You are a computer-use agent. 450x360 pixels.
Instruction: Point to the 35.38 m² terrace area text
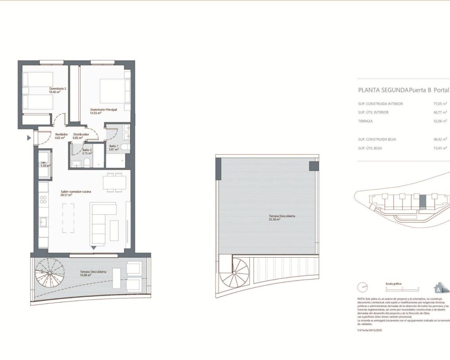275,219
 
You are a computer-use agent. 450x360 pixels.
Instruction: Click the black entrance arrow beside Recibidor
29,138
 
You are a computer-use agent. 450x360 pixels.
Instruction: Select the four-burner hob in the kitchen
43,200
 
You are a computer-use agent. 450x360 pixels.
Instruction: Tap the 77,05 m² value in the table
440,104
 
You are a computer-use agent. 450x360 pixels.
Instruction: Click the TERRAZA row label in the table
365,121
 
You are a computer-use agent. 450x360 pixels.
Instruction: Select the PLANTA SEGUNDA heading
383,90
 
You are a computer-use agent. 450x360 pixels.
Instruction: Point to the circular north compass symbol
362,287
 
